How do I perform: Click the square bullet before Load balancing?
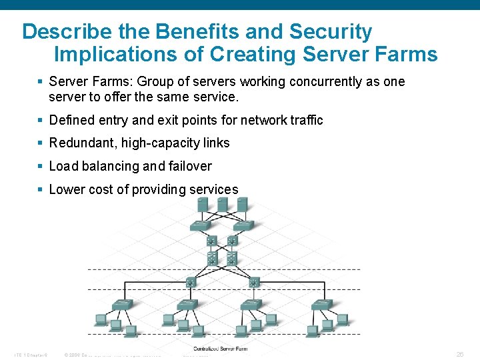41,166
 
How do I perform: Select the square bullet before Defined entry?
41,120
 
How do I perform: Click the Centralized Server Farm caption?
220,349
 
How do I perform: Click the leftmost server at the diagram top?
203,204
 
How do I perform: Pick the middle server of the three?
223,204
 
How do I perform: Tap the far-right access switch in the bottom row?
321,305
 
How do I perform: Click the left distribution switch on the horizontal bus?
191,283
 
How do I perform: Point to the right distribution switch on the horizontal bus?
253,283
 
